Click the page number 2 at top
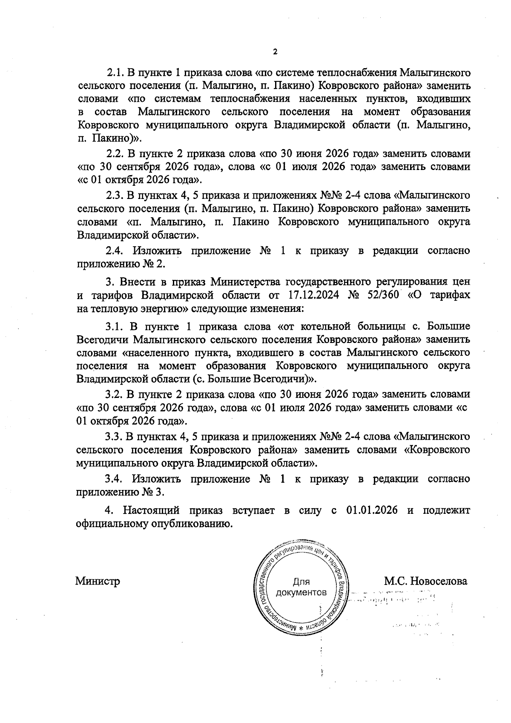point(275,52)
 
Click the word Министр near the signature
point(98,581)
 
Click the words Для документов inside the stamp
point(301,588)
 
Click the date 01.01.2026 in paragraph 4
point(369,510)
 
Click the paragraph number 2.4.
point(115,251)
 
